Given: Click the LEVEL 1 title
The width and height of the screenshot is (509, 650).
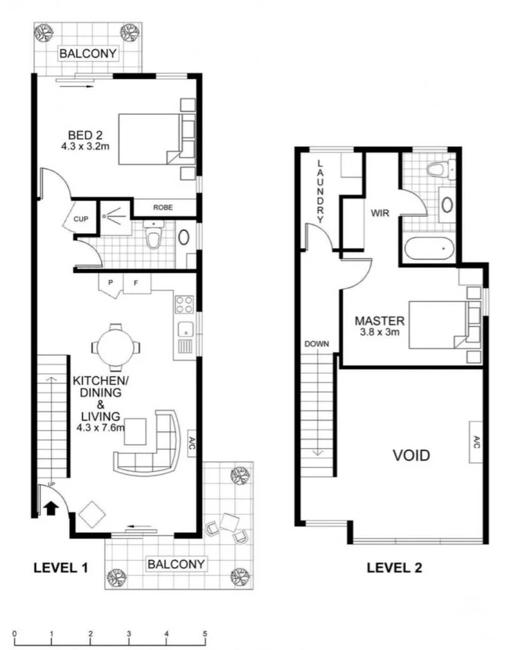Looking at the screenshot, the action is (x=60, y=568).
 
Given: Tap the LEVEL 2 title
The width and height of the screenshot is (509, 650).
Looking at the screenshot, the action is (x=394, y=568).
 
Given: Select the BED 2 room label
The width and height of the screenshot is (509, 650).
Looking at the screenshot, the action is (x=85, y=135).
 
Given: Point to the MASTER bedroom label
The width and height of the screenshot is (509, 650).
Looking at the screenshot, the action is (x=379, y=321).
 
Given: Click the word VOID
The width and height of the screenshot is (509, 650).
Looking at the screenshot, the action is (x=411, y=455).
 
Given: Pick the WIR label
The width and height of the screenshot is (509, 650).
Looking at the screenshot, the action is (x=380, y=213).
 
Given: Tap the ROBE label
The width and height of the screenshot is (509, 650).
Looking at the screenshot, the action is (x=163, y=207).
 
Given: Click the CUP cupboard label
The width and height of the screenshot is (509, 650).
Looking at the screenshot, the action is (x=80, y=219).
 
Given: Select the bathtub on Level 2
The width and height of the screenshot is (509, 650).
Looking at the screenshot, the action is (x=429, y=249).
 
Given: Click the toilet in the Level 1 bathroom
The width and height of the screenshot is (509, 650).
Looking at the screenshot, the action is (x=154, y=235).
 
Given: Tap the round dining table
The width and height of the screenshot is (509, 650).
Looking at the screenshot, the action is (x=116, y=347).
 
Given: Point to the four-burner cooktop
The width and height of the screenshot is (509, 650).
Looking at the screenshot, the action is (x=184, y=305).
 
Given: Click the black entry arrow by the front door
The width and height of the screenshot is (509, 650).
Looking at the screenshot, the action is (x=51, y=508).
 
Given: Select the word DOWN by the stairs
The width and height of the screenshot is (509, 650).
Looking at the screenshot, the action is (x=316, y=344).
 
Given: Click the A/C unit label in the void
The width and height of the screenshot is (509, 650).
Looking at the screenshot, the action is (x=476, y=442).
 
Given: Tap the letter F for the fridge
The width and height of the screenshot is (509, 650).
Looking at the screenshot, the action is (x=136, y=283).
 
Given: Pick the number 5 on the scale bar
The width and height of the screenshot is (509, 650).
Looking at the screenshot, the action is (x=205, y=634).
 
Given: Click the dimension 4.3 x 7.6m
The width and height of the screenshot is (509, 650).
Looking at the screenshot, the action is (x=100, y=427).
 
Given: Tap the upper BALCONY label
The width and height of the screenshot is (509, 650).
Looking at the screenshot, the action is (x=88, y=53).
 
